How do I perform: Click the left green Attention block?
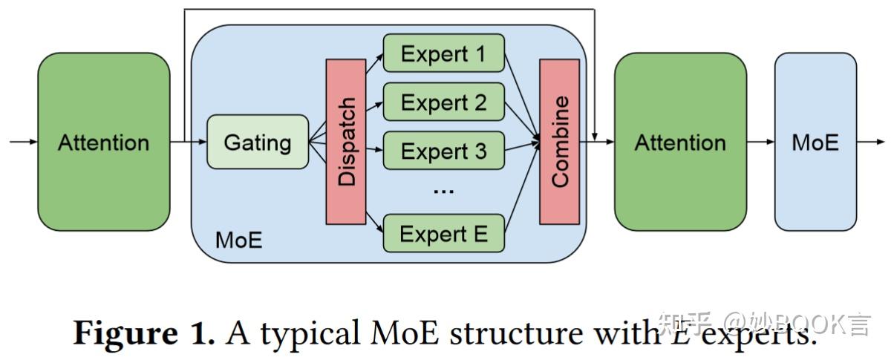(104, 142)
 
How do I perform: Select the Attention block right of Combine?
(680, 142)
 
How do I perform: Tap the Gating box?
(258, 142)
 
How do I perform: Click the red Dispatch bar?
(346, 141)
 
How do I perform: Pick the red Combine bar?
(559, 141)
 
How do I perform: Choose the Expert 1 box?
(444, 54)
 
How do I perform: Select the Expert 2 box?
(444, 102)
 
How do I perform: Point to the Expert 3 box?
(444, 151)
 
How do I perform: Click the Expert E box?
(444, 234)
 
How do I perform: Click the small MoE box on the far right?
(815, 142)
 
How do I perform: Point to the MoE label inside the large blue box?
(238, 240)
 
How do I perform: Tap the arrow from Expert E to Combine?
(521, 190)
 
